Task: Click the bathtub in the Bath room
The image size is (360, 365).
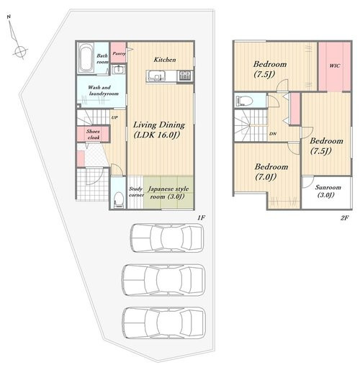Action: point(86,58)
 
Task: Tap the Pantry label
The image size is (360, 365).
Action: point(119,53)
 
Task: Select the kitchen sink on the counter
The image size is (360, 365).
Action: point(156,76)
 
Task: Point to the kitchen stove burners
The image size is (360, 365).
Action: point(185,76)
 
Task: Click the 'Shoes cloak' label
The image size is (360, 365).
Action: point(94,135)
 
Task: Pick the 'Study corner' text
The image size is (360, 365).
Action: point(136,191)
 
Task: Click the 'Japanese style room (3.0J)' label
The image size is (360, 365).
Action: point(168,193)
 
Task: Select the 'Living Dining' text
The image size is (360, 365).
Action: point(159,125)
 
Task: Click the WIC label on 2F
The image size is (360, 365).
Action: point(335,66)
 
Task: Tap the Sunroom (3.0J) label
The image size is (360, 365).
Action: point(328,191)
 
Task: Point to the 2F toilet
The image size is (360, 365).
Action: point(244,100)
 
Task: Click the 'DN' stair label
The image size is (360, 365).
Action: point(273,134)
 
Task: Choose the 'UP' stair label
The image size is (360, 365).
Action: point(114,117)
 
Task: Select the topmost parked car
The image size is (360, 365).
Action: point(167,238)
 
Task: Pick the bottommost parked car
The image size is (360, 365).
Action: point(164,323)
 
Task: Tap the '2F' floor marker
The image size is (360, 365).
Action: point(344,217)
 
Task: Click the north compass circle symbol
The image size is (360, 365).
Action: point(20,51)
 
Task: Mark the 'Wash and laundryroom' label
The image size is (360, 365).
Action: point(102,91)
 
